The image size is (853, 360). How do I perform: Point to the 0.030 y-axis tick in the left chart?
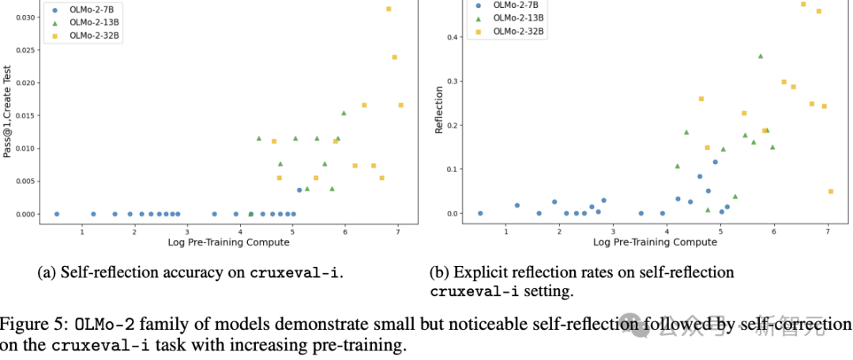(x=25, y=17)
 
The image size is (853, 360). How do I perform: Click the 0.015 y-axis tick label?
(x=25, y=115)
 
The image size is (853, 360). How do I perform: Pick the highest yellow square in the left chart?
(x=389, y=9)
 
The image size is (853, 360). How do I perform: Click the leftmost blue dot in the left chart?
(x=56, y=214)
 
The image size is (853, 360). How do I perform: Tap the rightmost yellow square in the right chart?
(x=830, y=191)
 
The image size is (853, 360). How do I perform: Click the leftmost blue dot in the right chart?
(x=479, y=213)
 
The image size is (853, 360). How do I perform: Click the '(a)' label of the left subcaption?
(x=47, y=273)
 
